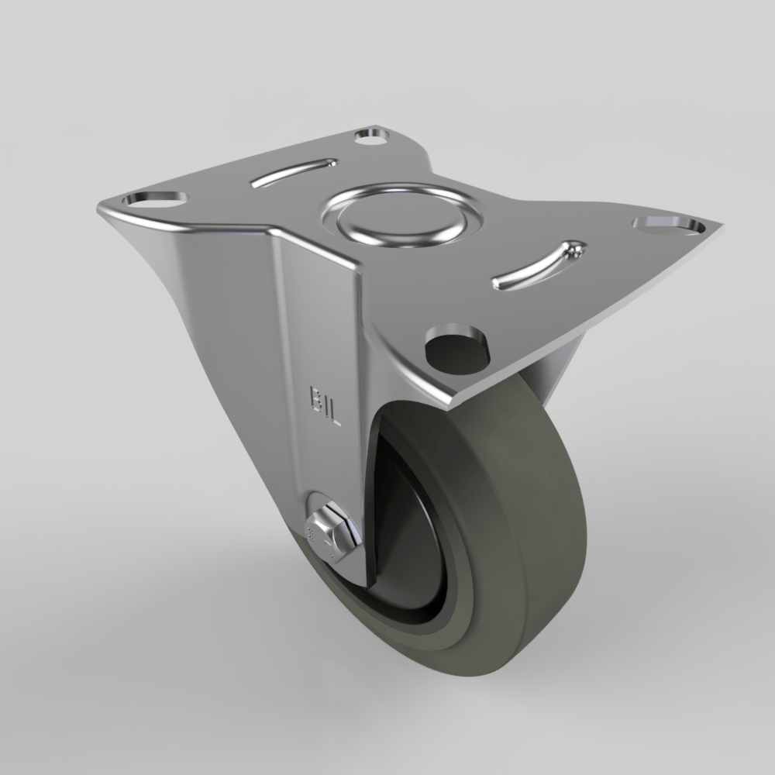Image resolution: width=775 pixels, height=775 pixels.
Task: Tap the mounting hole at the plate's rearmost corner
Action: coord(372,136)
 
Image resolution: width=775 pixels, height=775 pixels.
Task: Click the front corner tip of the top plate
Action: coord(449,406)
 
